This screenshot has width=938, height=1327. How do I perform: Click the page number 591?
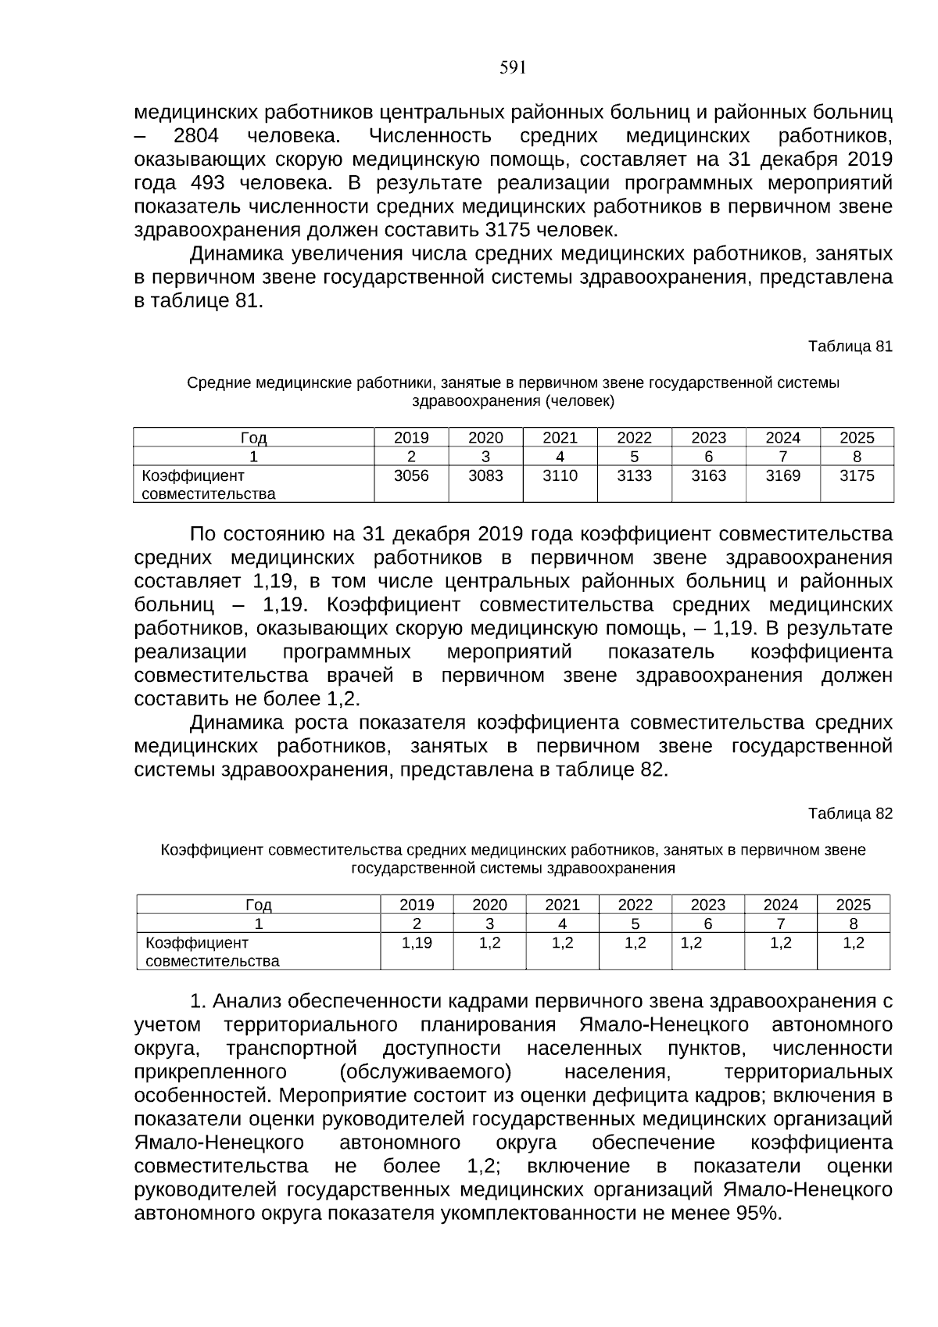(512, 68)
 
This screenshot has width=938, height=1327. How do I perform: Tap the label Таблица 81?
(850, 346)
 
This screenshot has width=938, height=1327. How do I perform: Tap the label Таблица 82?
(850, 813)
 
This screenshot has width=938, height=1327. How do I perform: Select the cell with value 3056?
(410, 476)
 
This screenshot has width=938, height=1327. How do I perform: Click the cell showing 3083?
(485, 476)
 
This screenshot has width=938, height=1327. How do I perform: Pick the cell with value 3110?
(560, 476)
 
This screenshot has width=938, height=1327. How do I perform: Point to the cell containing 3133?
(634, 476)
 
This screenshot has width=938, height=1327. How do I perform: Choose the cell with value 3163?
(708, 476)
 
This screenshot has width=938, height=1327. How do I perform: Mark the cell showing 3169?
(782, 476)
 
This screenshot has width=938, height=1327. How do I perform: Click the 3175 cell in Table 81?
(857, 476)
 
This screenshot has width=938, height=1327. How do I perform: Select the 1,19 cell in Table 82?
(417, 943)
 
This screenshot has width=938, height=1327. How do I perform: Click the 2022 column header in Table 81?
(634, 438)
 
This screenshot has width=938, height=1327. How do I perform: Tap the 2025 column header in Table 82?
(853, 906)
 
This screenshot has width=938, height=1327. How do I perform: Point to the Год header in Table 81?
(253, 438)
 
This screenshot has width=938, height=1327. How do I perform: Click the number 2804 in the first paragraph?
(195, 136)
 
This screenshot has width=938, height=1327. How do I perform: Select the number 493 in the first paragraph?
(207, 183)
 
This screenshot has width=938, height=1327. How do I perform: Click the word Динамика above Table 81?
(236, 254)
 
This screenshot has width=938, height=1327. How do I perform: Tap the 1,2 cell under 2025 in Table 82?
(854, 943)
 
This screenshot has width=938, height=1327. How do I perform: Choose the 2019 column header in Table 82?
(417, 906)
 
